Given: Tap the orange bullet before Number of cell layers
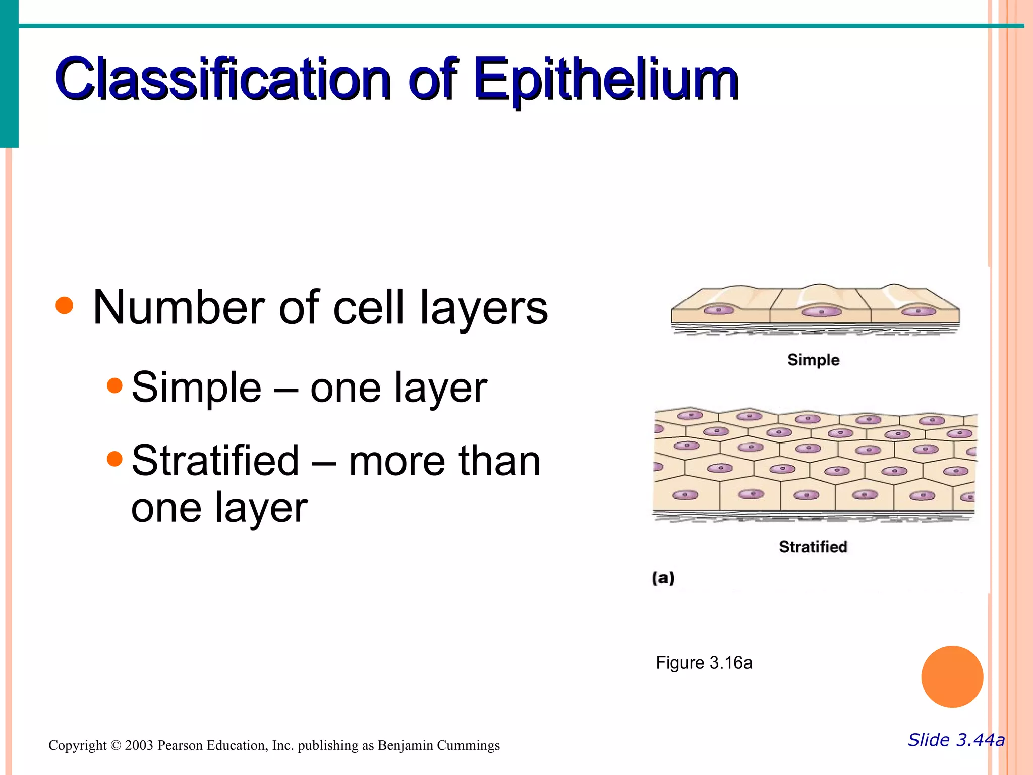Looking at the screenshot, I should click(x=65, y=305).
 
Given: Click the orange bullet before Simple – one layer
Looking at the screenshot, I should click(x=115, y=385).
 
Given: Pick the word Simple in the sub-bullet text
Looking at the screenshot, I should click(x=196, y=387).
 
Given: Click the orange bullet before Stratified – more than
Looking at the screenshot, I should click(x=115, y=459).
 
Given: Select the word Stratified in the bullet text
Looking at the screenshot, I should click(x=215, y=460).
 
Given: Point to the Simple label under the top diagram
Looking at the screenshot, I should click(x=813, y=360).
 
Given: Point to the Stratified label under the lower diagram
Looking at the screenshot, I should click(x=813, y=547).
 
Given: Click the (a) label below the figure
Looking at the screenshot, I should click(x=663, y=578).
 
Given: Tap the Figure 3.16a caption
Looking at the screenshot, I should click(x=704, y=662).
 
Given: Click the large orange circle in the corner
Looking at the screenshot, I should click(x=952, y=677).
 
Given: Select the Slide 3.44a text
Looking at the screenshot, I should click(x=956, y=740).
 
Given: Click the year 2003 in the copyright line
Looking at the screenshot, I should click(x=139, y=745).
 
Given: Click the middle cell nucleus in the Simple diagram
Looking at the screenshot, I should click(x=821, y=312).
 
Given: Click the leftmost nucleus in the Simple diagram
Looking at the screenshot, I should click(x=719, y=310).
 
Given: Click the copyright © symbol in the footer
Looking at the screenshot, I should click(x=116, y=745).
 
